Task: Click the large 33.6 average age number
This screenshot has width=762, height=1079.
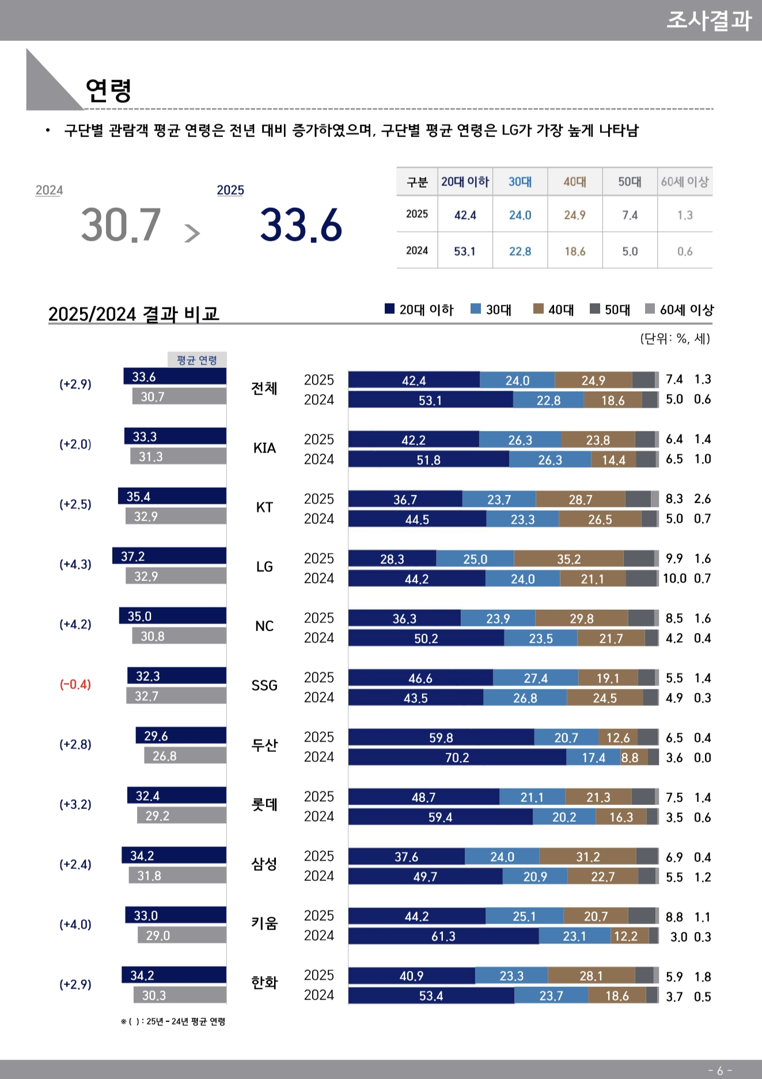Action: click(x=301, y=225)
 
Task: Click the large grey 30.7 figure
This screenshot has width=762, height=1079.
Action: click(x=121, y=225)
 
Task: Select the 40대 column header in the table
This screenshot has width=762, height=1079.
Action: click(x=575, y=182)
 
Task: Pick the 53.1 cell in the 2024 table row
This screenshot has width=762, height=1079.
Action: click(x=465, y=251)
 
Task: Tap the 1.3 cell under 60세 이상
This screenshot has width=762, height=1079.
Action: click(x=685, y=215)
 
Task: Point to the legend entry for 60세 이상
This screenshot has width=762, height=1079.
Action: click(x=680, y=310)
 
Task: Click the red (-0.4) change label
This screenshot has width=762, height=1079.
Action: click(x=75, y=685)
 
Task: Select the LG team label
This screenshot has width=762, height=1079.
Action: click(x=264, y=567)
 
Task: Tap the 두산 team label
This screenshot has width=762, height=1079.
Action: click(x=264, y=746)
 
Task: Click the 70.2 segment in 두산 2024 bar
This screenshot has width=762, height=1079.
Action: click(x=457, y=758)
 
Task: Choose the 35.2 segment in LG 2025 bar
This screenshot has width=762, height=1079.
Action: click(x=568, y=559)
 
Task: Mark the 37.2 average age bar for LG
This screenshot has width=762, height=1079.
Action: click(x=169, y=556)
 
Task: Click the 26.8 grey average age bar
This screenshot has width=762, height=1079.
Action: click(x=185, y=756)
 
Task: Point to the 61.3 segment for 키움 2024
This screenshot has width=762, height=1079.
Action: click(x=443, y=937)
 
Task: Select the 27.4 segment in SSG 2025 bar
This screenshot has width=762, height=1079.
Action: click(x=536, y=678)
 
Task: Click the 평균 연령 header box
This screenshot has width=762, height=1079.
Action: click(x=197, y=360)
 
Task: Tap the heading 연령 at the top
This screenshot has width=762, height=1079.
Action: click(x=108, y=90)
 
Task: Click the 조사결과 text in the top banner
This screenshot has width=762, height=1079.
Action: click(x=709, y=21)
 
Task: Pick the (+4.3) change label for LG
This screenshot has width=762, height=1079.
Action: click(x=75, y=565)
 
